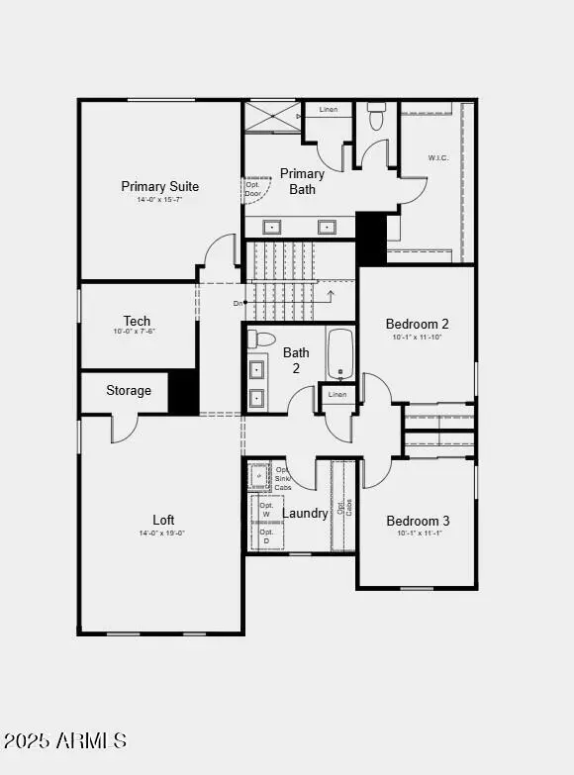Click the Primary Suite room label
[x=159, y=186]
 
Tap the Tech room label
[x=137, y=321]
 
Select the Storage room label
[x=129, y=390]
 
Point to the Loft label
[x=163, y=520]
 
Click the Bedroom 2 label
[x=417, y=324]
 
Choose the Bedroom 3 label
[x=418, y=521]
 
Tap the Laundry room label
[x=305, y=514]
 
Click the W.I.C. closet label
[x=439, y=157]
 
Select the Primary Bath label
[x=302, y=181]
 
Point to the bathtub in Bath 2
[x=340, y=354]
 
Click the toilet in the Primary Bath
[x=376, y=119]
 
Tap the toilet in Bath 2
[x=261, y=339]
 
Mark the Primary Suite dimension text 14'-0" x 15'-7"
[x=159, y=199]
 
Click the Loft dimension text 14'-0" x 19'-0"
[x=163, y=533]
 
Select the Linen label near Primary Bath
[x=328, y=110]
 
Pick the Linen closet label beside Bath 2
[x=337, y=395]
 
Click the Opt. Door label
[x=253, y=188]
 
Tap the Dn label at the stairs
[x=239, y=303]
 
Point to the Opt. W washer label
[x=265, y=510]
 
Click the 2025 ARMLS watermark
[x=65, y=740]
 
